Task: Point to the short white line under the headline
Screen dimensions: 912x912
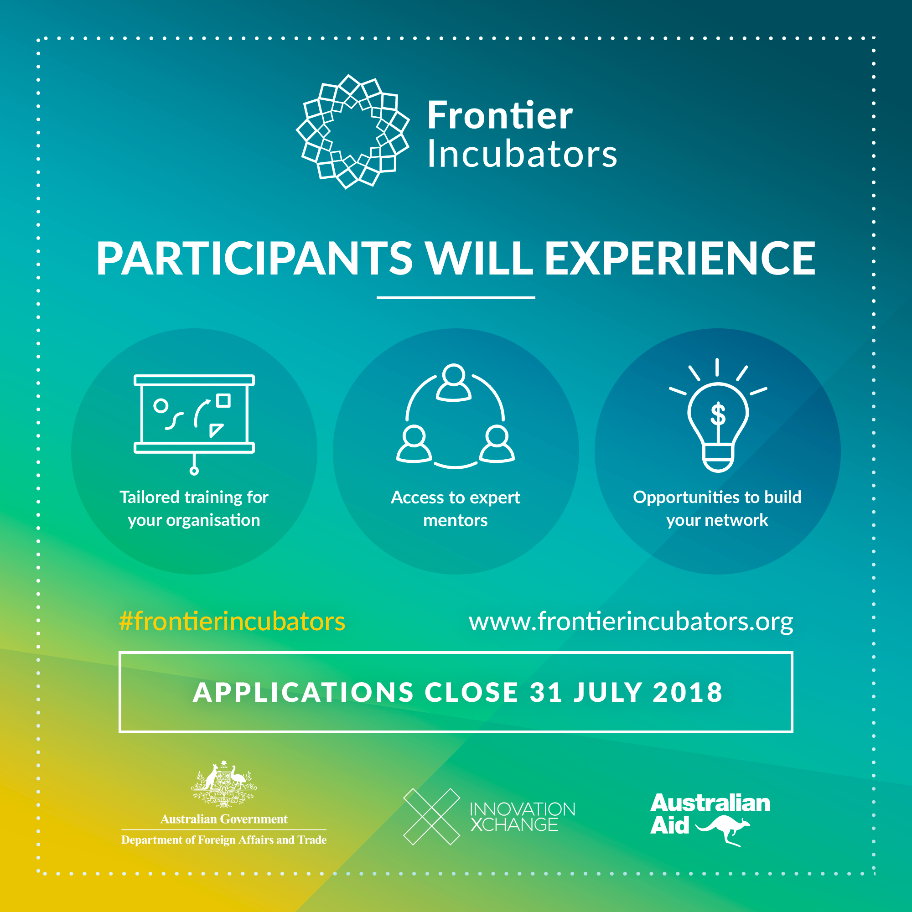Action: click(456, 298)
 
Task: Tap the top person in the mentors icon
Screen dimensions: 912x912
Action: click(454, 383)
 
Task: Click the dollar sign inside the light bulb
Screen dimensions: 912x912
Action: click(718, 414)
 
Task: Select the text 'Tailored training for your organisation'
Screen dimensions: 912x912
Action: click(194, 508)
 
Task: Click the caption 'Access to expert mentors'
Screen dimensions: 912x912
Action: click(456, 508)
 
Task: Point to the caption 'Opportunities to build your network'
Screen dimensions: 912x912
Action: click(717, 508)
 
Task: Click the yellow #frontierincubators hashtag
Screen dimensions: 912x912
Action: click(232, 621)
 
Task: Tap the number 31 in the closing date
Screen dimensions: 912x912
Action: click(546, 692)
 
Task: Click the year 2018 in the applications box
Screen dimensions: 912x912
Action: click(687, 692)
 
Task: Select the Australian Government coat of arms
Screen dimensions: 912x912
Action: click(224, 783)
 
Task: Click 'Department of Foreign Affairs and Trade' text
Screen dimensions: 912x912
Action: click(224, 840)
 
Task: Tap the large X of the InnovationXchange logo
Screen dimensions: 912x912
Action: click(431, 817)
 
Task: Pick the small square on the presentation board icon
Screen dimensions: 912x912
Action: click(223, 401)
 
